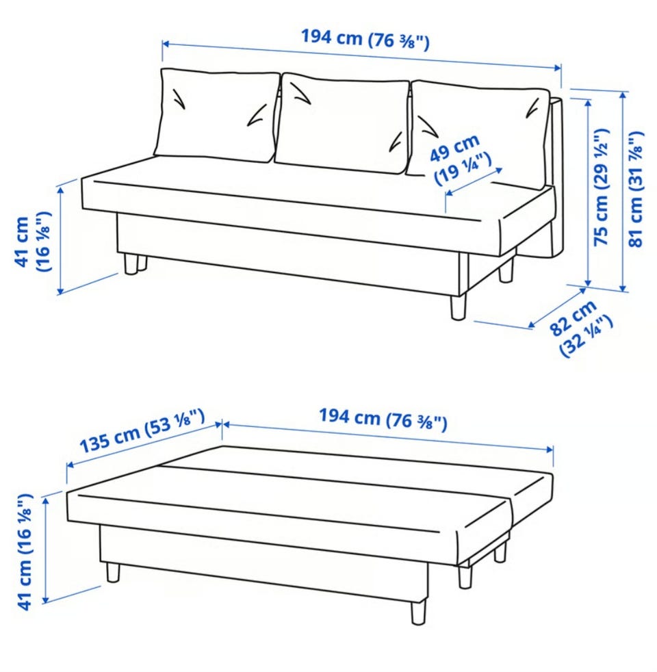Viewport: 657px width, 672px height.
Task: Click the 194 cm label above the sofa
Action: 365,39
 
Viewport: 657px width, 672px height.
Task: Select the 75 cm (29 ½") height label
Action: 602,187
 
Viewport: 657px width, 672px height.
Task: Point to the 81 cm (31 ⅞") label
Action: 636,189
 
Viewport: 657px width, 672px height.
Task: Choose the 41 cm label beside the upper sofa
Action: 33,242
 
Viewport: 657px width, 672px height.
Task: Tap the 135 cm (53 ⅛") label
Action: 142,430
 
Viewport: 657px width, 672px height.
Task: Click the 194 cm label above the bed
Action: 383,419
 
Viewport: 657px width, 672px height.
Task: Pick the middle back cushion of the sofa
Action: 342,123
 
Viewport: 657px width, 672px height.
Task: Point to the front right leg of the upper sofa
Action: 458,307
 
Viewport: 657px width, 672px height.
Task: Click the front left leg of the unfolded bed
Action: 113,573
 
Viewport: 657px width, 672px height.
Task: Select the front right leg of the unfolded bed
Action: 418,611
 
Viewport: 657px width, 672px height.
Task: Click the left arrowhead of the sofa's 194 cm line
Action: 166,43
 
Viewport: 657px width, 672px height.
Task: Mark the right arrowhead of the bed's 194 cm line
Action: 550,449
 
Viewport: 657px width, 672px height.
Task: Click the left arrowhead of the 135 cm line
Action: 70,465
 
